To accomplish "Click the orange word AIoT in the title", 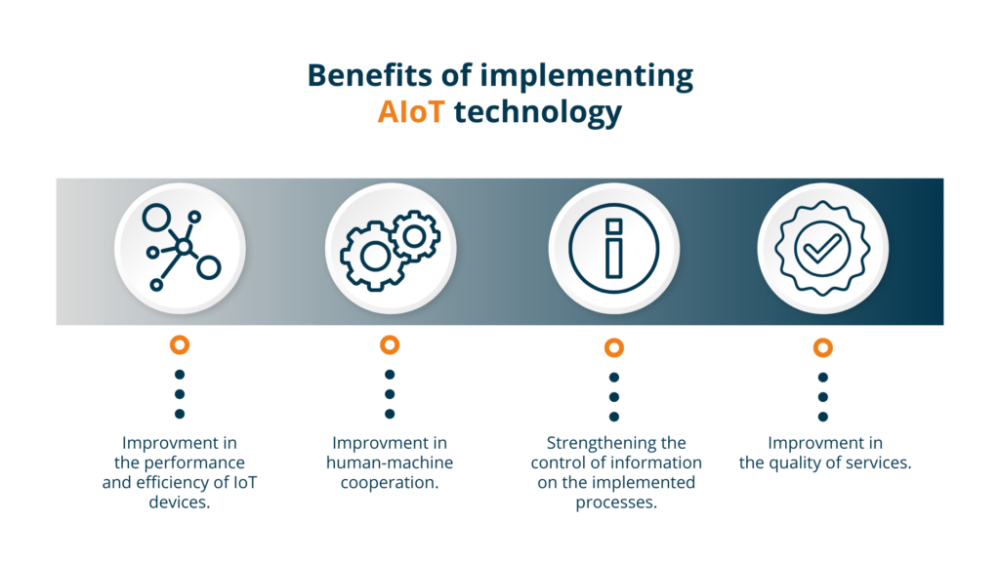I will [x=411, y=112].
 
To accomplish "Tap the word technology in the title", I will [x=537, y=112].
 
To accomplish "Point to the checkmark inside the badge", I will [x=822, y=249].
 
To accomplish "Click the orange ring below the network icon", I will [x=180, y=344].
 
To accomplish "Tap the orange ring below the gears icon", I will [x=390, y=344].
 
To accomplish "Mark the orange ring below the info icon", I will [x=613, y=347].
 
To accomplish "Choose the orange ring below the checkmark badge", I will [x=822, y=347].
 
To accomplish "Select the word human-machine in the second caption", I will [x=390, y=462].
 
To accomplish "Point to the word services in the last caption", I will [x=879, y=462].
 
